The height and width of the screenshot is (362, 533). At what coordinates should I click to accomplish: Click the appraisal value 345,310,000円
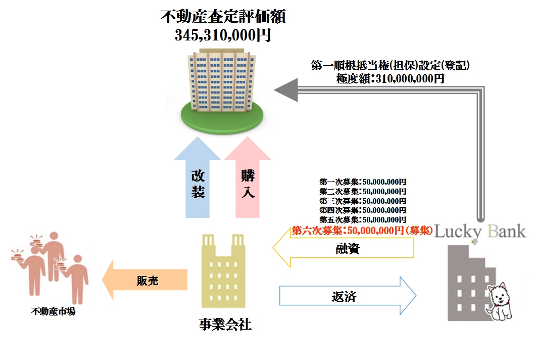(x=223, y=35)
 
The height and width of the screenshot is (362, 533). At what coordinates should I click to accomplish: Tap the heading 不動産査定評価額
(x=223, y=17)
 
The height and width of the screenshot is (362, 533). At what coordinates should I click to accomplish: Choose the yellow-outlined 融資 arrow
(x=344, y=249)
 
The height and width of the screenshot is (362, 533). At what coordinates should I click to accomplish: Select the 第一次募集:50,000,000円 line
(x=363, y=182)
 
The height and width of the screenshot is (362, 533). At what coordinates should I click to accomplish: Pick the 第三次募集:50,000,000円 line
(x=363, y=201)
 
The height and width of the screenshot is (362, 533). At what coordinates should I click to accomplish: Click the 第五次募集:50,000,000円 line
(x=363, y=220)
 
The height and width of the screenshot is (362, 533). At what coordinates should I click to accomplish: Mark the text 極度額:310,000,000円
(x=390, y=78)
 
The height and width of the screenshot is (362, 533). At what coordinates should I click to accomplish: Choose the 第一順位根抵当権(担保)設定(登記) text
(x=391, y=66)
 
